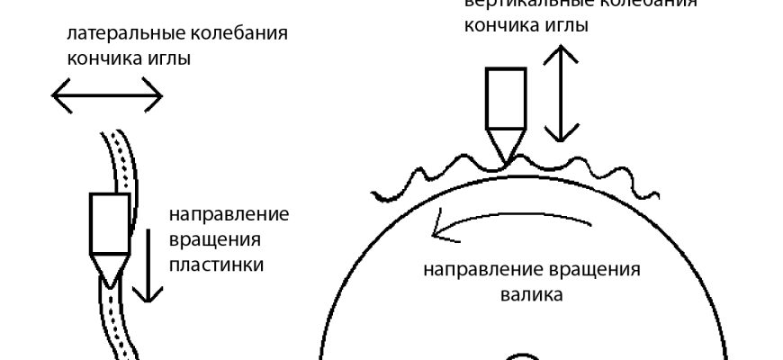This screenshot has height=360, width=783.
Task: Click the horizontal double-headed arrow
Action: pyautogui.click(x=106, y=93)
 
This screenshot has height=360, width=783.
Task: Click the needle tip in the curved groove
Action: pyautogui.click(x=109, y=271)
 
